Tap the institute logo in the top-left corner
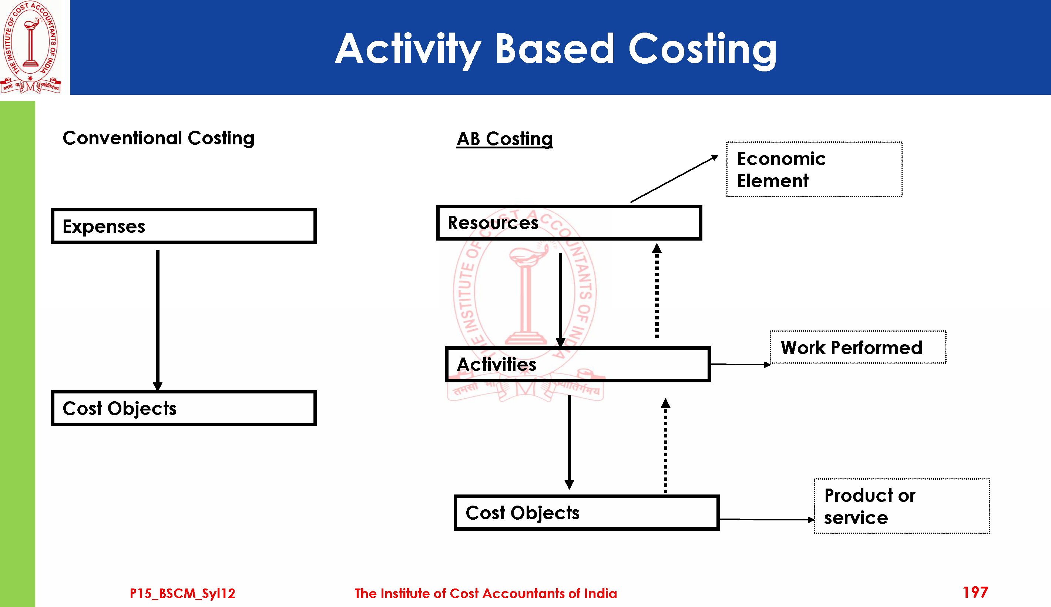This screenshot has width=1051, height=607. pos(30,47)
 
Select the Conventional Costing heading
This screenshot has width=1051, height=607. pos(158,138)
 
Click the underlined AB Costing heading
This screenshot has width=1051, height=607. pos(505,139)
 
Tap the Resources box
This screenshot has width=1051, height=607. pos(569,222)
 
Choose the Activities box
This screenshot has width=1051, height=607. pos(578,364)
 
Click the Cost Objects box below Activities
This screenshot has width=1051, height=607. pos(586,513)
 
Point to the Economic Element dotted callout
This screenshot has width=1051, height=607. pos(814,170)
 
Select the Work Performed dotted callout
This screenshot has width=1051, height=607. pos(857,347)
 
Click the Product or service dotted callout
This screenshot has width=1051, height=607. pos(902,506)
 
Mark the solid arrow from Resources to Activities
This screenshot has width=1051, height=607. pos(561,298)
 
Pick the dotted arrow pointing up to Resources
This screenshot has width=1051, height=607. pos(657,292)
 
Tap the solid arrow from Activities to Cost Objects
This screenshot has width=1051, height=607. pos(569,442)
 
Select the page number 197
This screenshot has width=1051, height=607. pos(975,593)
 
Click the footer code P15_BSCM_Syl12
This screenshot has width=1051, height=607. pos(182,593)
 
